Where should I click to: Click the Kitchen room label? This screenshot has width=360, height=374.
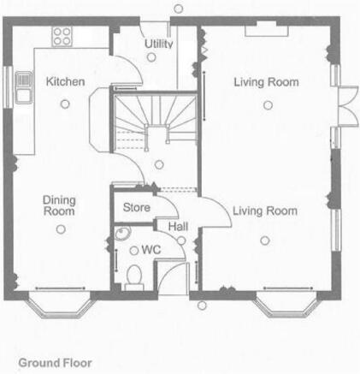(x=65, y=82)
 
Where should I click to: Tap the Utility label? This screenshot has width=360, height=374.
(x=158, y=44)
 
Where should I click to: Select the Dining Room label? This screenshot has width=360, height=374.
(x=59, y=205)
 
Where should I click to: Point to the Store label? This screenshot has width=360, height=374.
(x=137, y=207)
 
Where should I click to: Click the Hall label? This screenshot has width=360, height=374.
(x=178, y=227)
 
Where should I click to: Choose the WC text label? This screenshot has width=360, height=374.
(x=151, y=250)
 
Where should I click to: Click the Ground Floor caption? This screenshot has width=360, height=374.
(x=55, y=363)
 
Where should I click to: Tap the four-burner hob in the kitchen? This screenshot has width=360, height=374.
(x=62, y=37)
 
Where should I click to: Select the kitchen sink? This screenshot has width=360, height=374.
(x=24, y=87)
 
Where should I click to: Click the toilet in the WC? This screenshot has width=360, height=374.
(x=134, y=276)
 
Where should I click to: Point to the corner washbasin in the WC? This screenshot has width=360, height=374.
(x=123, y=233)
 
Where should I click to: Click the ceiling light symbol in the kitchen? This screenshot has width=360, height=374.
(x=65, y=104)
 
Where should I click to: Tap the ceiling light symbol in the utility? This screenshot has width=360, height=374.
(x=151, y=57)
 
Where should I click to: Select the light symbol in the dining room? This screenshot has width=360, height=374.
(x=61, y=229)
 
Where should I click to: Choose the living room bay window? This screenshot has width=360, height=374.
(x=286, y=307)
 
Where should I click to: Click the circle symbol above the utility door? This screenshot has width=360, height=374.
(x=179, y=9)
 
